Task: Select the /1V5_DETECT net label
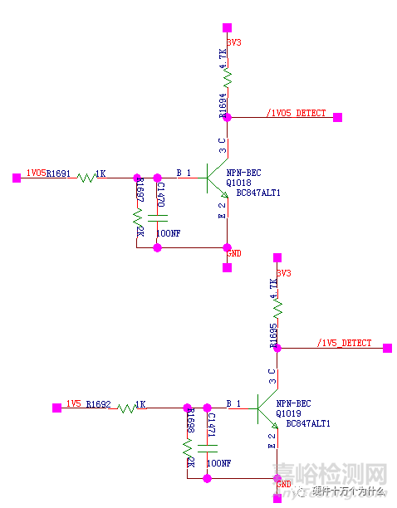345,343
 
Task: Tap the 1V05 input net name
36,173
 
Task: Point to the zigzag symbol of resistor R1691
86,177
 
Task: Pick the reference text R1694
223,106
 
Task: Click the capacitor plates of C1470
157,219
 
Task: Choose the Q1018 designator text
238,183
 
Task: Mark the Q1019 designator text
288,413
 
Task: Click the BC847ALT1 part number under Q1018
258,193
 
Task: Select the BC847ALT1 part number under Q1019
308,423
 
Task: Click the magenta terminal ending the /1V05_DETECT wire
338,117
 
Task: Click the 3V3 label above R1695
284,272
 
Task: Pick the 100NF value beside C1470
167,234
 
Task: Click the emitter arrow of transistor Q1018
223,193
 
